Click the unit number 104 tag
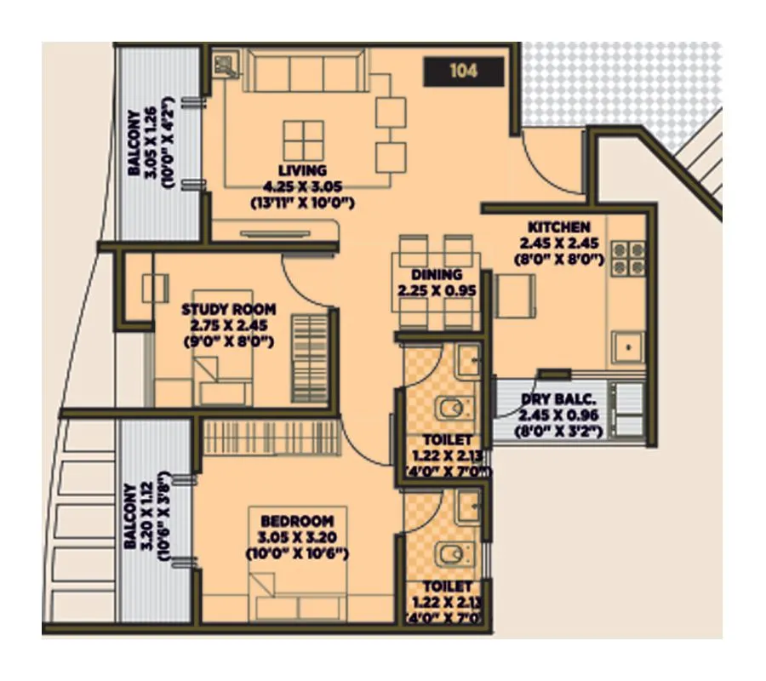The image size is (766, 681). [464, 72]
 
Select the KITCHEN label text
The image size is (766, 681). [559, 227]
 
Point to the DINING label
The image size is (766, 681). [436, 275]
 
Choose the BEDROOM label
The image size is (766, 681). [297, 521]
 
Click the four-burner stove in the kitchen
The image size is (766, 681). [627, 259]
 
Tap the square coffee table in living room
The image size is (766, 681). [303, 140]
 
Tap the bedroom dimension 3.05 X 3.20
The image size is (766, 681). [297, 537]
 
